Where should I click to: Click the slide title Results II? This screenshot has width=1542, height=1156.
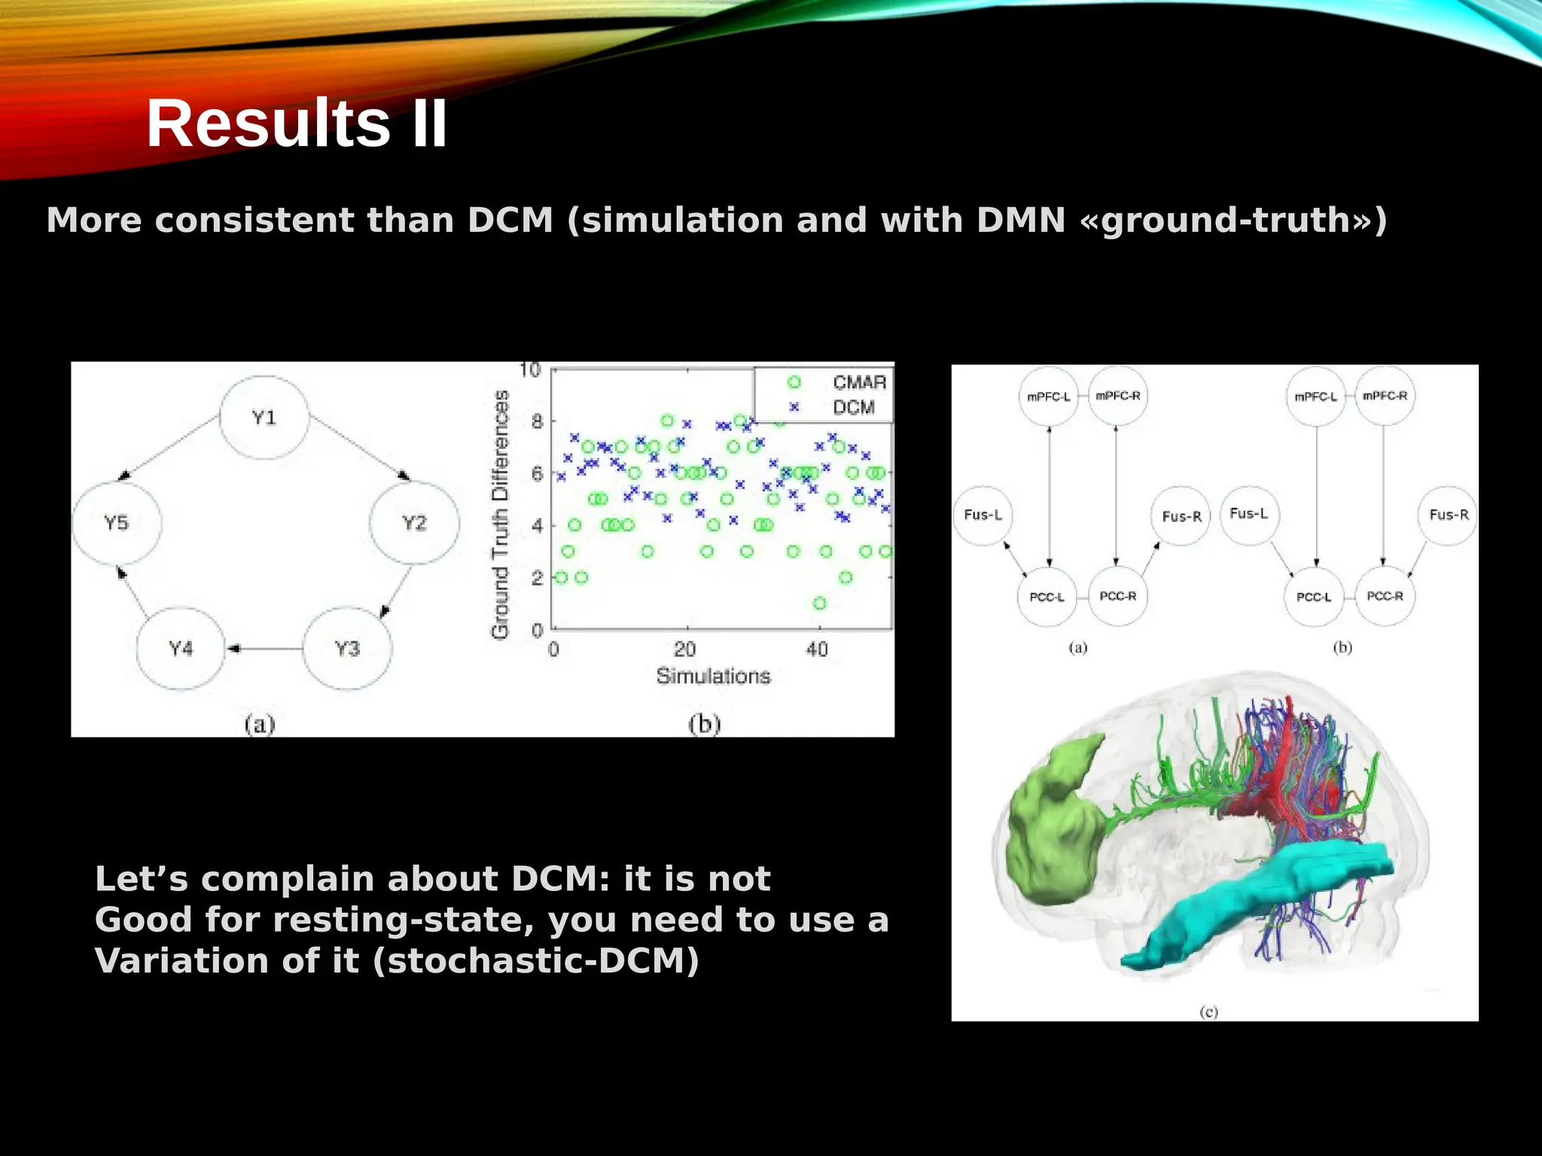[297, 123]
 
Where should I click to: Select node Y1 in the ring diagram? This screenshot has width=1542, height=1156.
[264, 418]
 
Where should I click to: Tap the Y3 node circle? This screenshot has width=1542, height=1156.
[347, 648]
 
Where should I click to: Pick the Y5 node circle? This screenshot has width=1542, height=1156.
[116, 522]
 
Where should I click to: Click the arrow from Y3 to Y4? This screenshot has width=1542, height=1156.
[264, 648]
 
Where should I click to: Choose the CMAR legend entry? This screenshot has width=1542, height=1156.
[858, 382]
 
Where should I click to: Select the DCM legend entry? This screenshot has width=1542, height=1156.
[853, 407]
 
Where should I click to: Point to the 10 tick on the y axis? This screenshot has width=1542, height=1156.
[530, 370]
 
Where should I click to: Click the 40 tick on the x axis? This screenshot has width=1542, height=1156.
[816, 649]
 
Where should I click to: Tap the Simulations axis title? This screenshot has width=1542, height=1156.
[713, 676]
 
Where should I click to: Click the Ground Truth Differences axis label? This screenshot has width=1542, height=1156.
[500, 515]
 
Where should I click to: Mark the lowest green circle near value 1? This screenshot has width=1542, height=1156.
[819, 603]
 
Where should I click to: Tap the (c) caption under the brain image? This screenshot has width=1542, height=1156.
[1208, 1011]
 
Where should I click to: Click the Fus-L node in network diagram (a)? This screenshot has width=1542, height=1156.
[983, 515]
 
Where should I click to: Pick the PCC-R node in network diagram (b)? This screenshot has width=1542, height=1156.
[1384, 596]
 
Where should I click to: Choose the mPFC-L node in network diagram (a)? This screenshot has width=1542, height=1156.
[1048, 397]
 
